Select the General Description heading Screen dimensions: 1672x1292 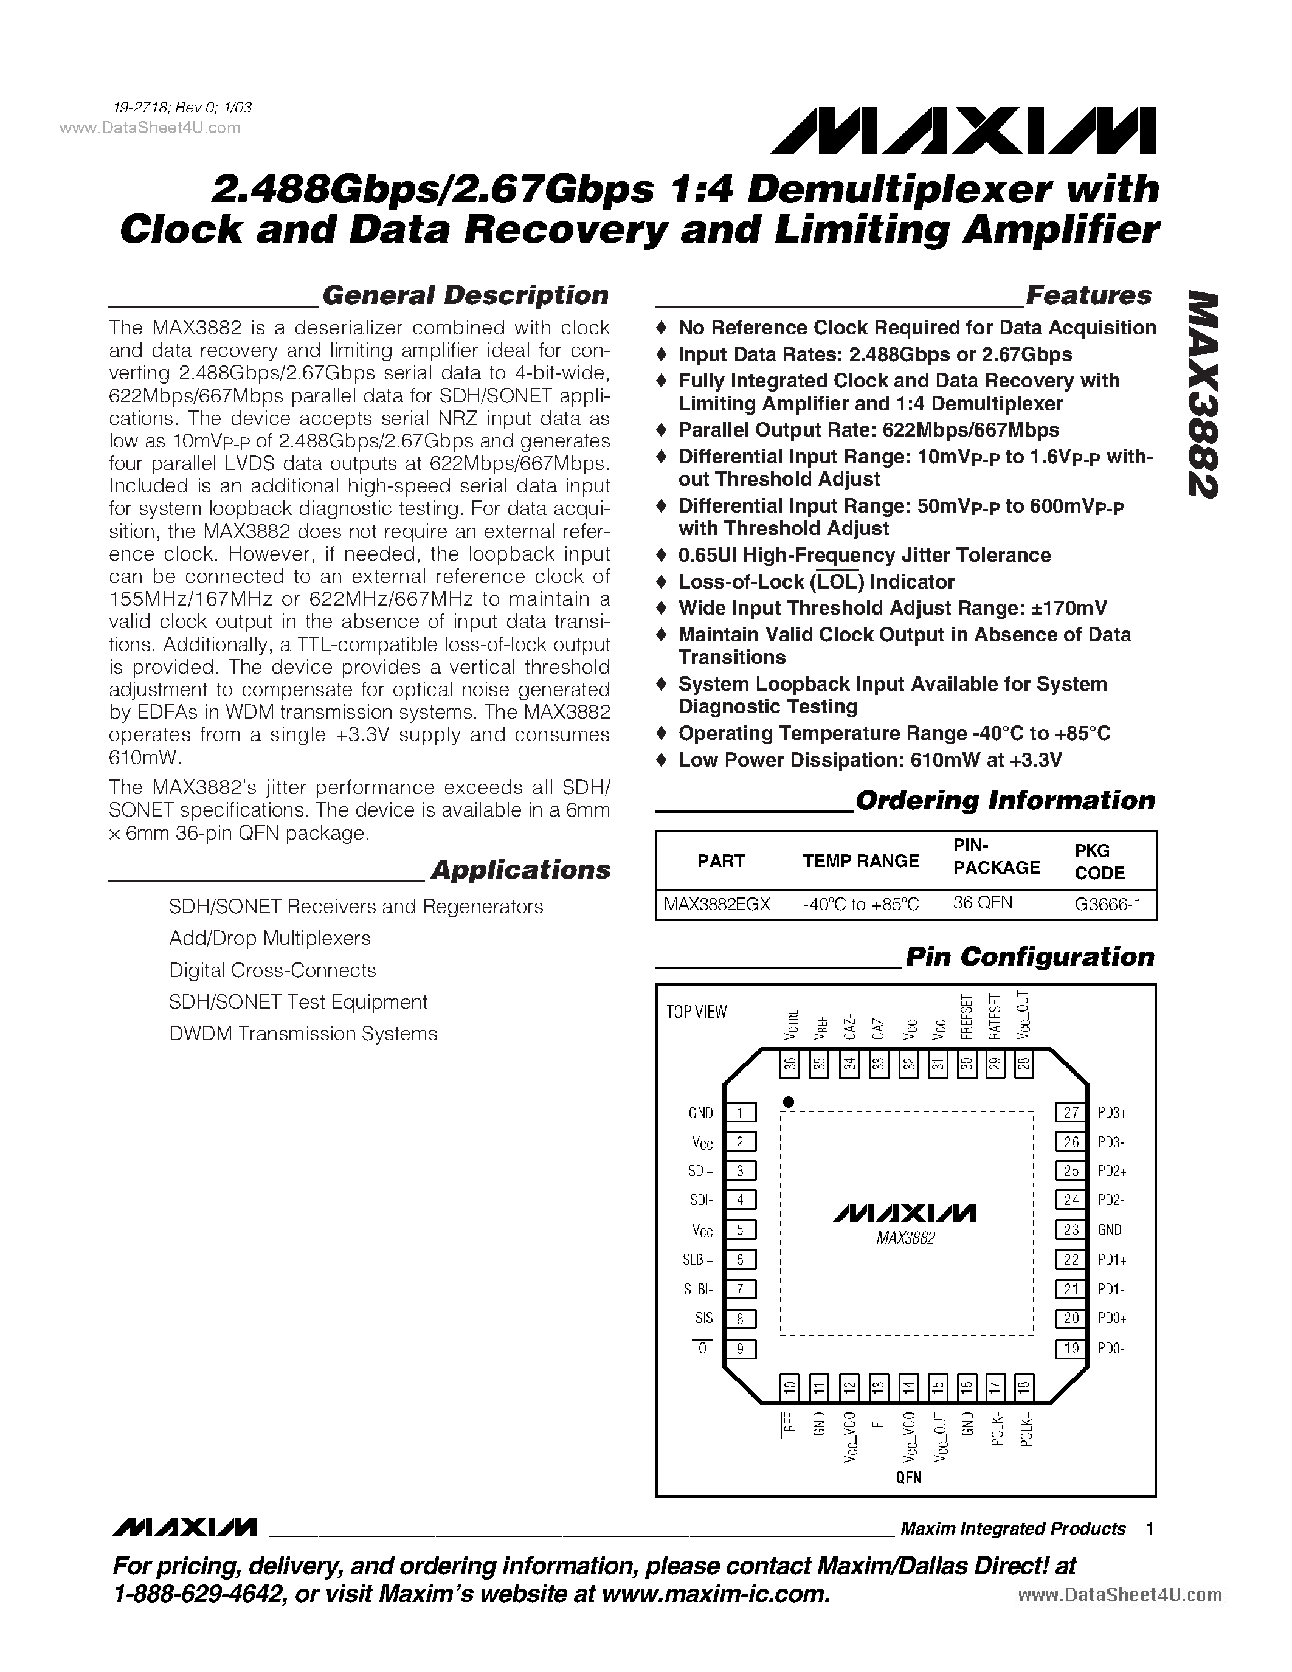[465, 295]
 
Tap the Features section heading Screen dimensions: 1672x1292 [1088, 295]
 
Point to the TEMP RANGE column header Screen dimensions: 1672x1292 [860, 862]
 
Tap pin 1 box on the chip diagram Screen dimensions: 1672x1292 [740, 1113]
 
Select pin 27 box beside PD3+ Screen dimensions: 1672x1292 [1071, 1113]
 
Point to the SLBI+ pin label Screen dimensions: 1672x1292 [698, 1259]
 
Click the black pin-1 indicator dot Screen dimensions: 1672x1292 [789, 1102]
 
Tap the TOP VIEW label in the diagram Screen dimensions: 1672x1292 [696, 1012]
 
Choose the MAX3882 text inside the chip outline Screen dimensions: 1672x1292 [905, 1238]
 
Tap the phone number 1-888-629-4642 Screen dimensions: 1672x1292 [198, 1595]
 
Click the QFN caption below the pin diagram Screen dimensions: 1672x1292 [908, 1477]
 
